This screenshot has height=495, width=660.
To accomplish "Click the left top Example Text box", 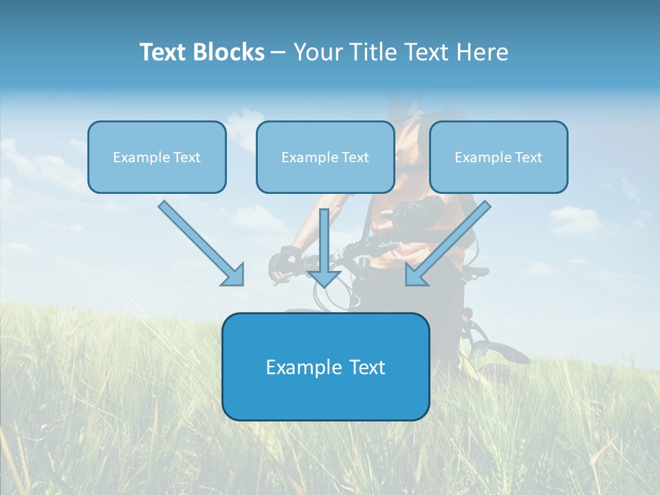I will [x=157, y=157].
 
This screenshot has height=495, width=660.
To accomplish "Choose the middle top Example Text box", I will [x=325, y=157].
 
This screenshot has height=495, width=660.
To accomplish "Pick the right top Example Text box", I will [x=498, y=157].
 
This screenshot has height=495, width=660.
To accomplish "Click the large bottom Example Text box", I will [x=325, y=366].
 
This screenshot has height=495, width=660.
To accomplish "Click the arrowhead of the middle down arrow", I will [x=324, y=278].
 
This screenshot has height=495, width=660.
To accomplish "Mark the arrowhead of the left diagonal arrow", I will [x=234, y=275].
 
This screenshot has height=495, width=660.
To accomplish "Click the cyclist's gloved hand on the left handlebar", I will [x=283, y=262].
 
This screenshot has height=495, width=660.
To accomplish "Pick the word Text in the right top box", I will [x=529, y=157].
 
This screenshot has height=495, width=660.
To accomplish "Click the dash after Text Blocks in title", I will [x=278, y=52].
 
